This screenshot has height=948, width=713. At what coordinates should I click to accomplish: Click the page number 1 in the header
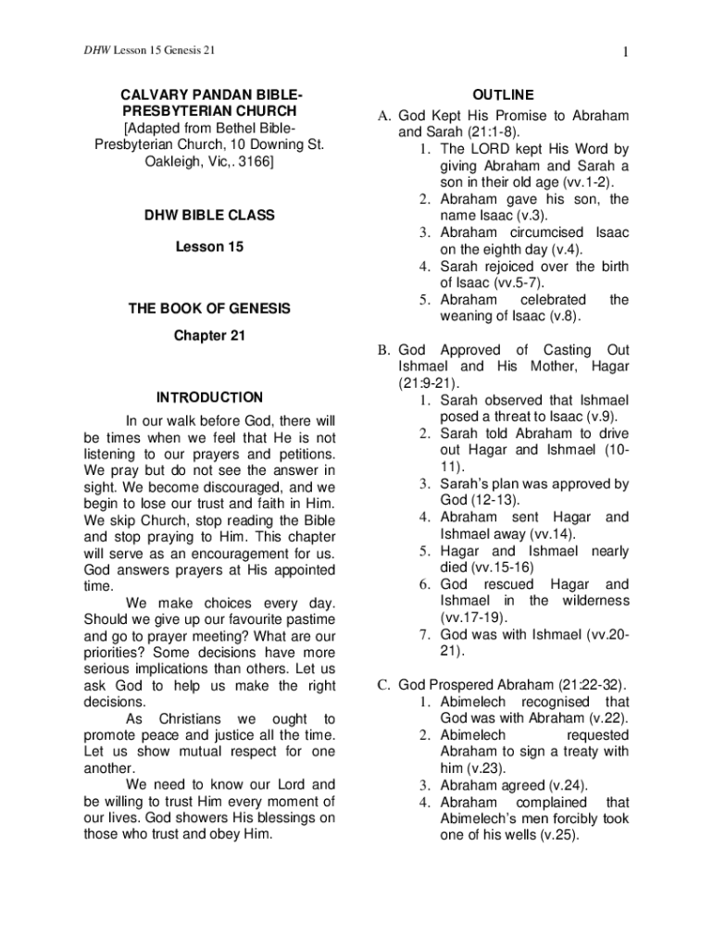click(626, 51)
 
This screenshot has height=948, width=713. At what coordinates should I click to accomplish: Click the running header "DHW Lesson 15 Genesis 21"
click(148, 50)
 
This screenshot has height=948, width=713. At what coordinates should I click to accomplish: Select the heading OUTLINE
click(503, 95)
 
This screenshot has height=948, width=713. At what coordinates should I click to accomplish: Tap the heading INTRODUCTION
click(209, 398)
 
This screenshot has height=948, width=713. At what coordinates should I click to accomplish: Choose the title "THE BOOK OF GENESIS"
click(209, 308)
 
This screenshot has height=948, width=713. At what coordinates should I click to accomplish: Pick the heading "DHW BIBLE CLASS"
click(209, 216)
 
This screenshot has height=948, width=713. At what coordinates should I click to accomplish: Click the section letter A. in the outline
click(382, 116)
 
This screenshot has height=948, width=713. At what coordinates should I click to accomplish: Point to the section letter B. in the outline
click(382, 350)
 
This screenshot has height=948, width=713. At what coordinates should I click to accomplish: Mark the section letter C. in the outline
click(382, 685)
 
